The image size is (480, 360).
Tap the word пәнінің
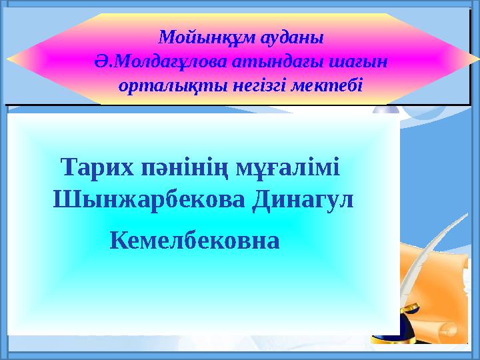click(179, 166)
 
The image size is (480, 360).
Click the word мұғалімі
click(288, 166)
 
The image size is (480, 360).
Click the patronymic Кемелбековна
click(194, 238)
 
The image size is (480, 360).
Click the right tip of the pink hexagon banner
click(475, 59)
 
